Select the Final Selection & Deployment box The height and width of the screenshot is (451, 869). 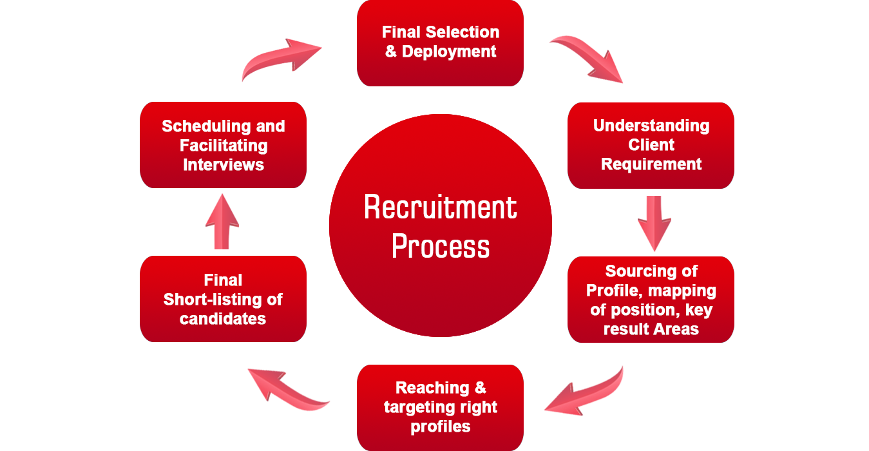coord(440,43)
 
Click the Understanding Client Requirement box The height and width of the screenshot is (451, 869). coord(651,145)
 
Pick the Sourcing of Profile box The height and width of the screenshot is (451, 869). coord(651,300)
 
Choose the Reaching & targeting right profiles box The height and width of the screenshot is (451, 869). coord(440,407)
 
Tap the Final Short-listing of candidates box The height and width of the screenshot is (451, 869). coord(223,299)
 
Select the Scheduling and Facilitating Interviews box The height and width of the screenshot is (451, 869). coord(223,145)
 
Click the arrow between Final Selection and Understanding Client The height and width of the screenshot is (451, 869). coord(586,59)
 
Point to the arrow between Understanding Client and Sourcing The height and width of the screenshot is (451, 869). coord(654,224)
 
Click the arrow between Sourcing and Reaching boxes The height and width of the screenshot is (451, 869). coord(584,390)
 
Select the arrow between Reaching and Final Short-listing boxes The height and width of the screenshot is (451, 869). coord(289,390)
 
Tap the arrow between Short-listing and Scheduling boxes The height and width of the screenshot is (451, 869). coord(222,221)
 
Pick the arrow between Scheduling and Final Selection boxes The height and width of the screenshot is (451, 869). coord(282,60)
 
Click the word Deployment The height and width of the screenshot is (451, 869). coord(449,52)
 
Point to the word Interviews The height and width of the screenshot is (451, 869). coord(224,165)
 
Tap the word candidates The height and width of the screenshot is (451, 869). coord(223,319)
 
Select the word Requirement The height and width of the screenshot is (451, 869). coord(651,164)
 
